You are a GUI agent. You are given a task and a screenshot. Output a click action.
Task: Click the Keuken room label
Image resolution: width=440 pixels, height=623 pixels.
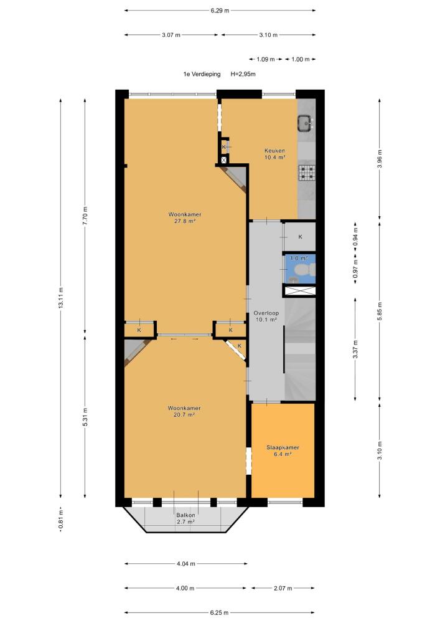274,151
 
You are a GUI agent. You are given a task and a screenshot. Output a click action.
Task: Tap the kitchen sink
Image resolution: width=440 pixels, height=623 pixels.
306,123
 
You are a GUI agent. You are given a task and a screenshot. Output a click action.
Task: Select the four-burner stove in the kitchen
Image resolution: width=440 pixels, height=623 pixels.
307,172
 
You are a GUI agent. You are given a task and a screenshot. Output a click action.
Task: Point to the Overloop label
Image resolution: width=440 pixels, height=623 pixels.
266,313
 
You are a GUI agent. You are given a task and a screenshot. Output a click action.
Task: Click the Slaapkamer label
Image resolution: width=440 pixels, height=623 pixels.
283,447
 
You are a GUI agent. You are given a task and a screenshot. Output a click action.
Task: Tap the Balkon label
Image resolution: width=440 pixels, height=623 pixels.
185,515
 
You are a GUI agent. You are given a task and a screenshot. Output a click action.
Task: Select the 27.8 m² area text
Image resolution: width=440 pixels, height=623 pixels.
185,221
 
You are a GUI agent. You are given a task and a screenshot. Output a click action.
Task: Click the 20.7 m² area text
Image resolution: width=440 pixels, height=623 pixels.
184,415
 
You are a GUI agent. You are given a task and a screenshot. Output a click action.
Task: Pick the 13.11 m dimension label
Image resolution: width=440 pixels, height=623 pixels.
61,298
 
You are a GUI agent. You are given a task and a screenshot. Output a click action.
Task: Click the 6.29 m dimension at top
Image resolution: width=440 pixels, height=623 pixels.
220,11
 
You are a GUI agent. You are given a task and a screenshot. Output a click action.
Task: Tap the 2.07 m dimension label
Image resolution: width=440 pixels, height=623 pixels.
283,588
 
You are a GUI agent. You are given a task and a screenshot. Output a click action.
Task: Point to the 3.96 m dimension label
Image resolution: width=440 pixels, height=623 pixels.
380,158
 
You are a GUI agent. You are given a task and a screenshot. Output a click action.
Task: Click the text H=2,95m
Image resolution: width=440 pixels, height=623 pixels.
243,74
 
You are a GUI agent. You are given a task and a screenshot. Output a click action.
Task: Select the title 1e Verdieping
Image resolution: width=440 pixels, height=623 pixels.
202,74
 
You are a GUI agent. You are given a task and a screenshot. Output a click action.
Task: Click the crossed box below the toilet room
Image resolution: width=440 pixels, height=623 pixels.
301,291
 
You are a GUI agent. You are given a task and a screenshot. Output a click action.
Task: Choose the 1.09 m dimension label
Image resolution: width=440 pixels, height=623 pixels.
266,60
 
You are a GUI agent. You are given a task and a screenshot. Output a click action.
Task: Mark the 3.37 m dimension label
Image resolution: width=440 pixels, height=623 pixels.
355,350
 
